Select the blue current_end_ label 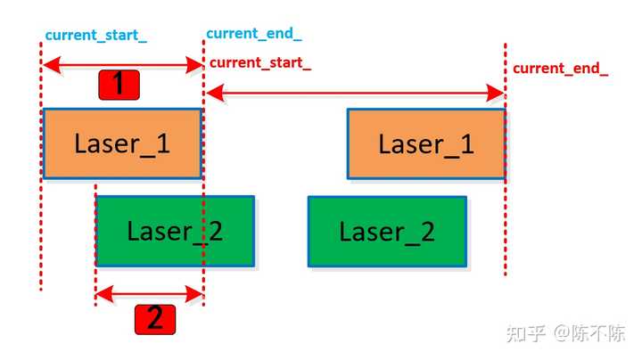click(x=253, y=34)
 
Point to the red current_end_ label click(x=560, y=69)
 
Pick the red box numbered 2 click(x=154, y=318)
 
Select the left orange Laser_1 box click(x=123, y=143)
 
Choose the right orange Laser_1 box click(x=426, y=143)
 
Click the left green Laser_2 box click(x=175, y=231)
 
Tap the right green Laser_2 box click(x=387, y=231)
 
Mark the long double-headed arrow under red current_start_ click(x=355, y=92)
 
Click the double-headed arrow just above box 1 click(x=123, y=64)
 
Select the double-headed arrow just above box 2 click(x=149, y=293)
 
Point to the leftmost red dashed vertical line click(x=41, y=223)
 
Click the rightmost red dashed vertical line click(x=505, y=223)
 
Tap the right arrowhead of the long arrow click(x=498, y=92)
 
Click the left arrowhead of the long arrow click(x=212, y=92)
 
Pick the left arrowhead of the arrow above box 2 click(x=102, y=293)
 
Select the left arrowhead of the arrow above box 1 click(x=48, y=64)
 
